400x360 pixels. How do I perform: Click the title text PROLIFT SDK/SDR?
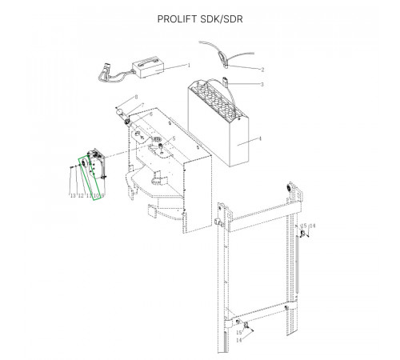coord(200,19)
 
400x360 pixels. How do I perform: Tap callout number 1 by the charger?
coord(189,65)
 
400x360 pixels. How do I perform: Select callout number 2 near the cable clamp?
coord(262,70)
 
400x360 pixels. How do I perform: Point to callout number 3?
coord(262,84)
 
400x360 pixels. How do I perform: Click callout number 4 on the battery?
coord(260,138)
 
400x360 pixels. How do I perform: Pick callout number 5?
coord(174,138)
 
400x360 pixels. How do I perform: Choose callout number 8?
coord(136,97)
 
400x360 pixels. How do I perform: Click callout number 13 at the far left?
coord(73,196)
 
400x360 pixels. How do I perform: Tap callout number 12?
coord(81,196)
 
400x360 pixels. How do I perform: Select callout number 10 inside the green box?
coord(96,196)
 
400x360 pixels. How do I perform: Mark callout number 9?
coord(102,196)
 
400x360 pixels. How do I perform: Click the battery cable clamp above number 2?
coord(222,58)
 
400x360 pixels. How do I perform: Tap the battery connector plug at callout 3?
coord(226,81)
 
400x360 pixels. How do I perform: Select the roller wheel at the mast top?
coord(289,188)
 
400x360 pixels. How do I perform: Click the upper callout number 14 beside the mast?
coord(312,226)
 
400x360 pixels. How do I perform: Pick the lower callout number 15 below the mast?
coord(239,333)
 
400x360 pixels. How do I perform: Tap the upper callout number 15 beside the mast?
coord(304,226)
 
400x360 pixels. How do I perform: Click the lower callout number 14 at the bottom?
coord(239,340)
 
